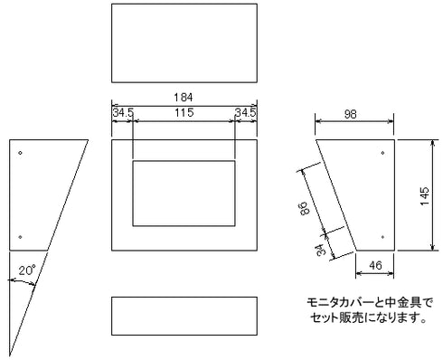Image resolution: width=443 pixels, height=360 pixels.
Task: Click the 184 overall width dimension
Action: [184, 96]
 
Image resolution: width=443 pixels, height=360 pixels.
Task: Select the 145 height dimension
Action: [425, 194]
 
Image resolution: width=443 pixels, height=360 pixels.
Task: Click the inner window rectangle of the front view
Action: [184, 194]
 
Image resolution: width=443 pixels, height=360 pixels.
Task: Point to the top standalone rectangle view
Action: [184, 43]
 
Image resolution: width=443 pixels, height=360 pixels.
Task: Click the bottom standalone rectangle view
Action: [184, 316]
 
